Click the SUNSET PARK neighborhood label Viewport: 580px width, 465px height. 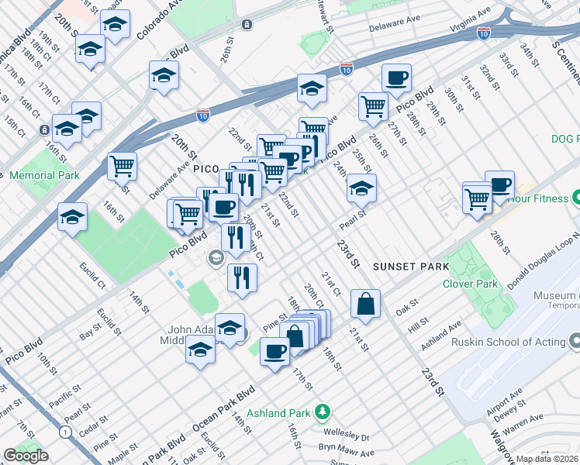(410, 267)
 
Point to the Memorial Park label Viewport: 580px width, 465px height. (45, 175)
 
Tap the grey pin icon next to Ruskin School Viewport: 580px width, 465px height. (574, 341)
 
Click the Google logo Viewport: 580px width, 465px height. (26, 456)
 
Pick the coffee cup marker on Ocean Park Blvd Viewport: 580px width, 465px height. (274, 351)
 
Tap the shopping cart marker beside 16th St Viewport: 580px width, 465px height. (122, 165)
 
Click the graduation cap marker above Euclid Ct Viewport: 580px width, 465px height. (72, 217)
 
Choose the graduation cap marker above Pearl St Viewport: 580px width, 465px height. (361, 188)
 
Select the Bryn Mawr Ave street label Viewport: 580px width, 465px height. (347, 452)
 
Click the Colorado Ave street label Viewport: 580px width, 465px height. (164, 21)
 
